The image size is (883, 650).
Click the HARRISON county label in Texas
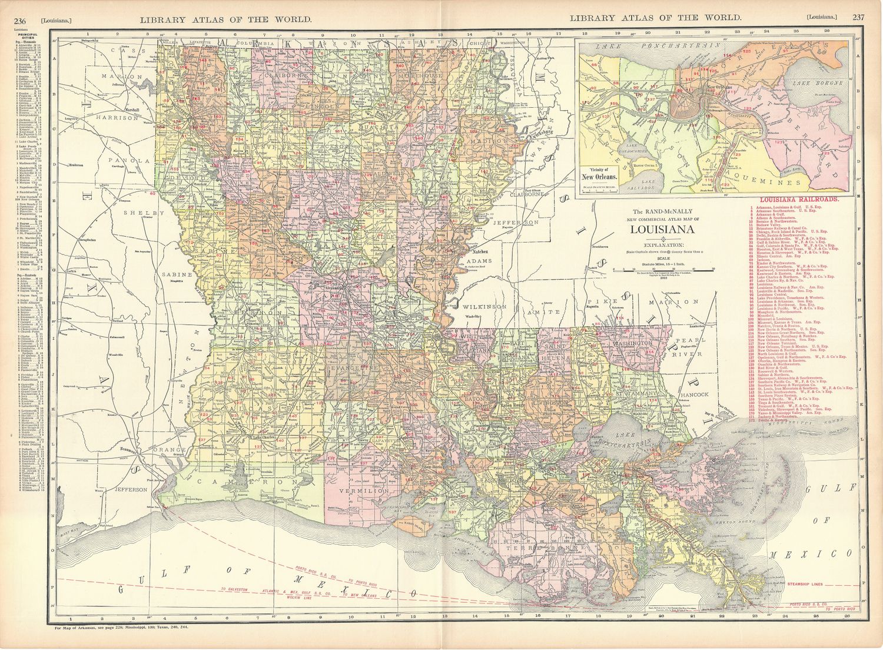coord(126,118)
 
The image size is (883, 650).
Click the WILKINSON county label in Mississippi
coord(484,307)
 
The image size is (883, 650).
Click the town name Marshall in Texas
coord(131,110)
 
